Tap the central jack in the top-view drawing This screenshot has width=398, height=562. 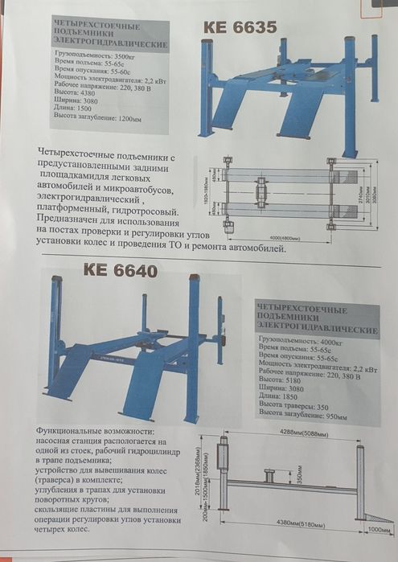pos(261,193)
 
